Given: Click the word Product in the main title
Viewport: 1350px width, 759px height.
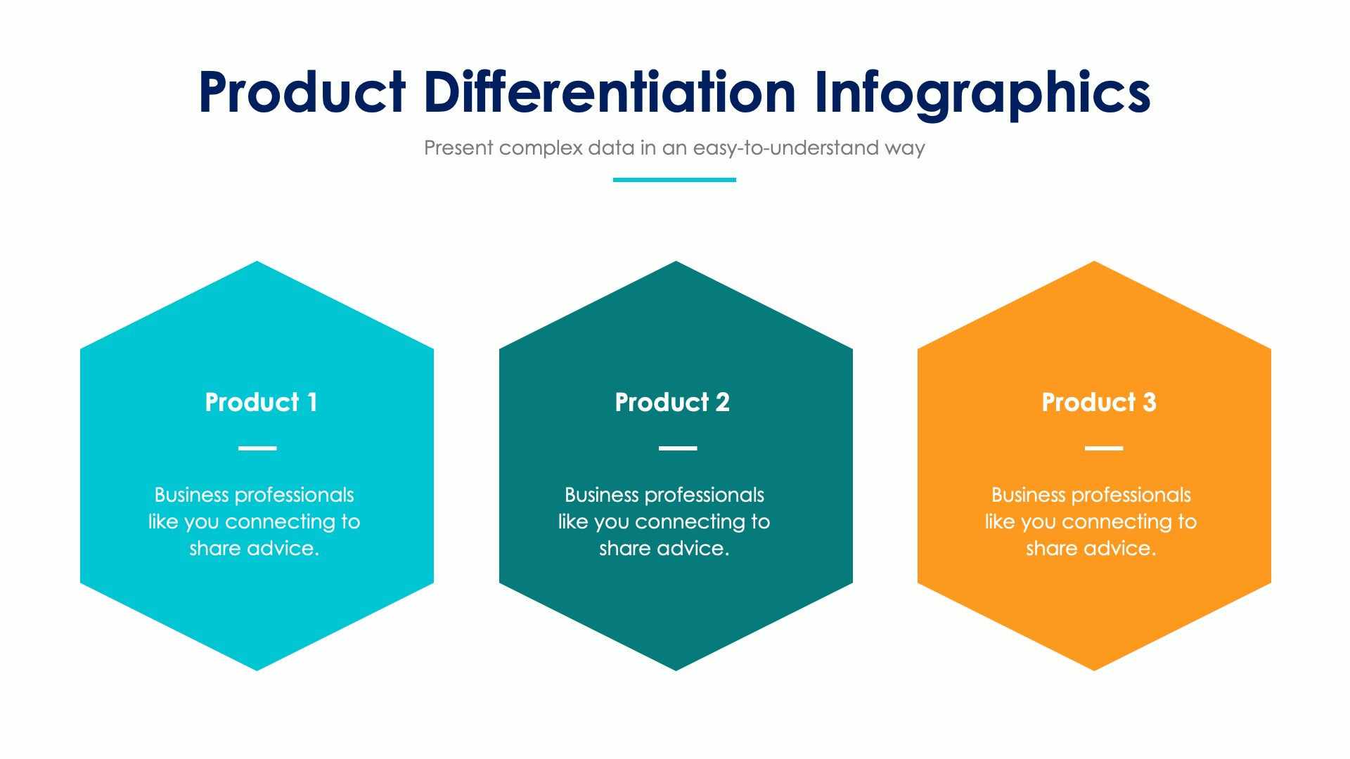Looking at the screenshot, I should [x=302, y=93].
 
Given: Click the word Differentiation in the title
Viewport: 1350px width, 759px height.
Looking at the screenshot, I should [x=610, y=91].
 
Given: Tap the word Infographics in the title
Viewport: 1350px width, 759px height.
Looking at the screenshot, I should [x=982, y=93].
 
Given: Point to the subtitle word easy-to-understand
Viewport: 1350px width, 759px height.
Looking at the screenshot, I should [x=786, y=148].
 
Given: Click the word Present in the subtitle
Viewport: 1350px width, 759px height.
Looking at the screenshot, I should [x=458, y=148].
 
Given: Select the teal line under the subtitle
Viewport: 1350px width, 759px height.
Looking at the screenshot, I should [x=674, y=180].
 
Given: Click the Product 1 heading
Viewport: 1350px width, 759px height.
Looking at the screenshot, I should [x=261, y=402].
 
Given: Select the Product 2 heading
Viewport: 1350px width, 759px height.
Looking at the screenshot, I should [x=672, y=402].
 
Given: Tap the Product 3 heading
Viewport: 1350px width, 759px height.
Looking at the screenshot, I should [x=1098, y=402].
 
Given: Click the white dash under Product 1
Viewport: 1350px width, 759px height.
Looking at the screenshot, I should [x=257, y=448].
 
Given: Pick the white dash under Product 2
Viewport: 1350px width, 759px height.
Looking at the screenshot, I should [x=678, y=448].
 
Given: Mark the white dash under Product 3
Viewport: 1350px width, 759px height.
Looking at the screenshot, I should [x=1104, y=448].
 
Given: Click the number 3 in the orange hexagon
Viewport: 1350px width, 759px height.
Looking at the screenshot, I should [x=1149, y=402].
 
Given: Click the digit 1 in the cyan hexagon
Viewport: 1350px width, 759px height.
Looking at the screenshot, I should [x=311, y=402].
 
